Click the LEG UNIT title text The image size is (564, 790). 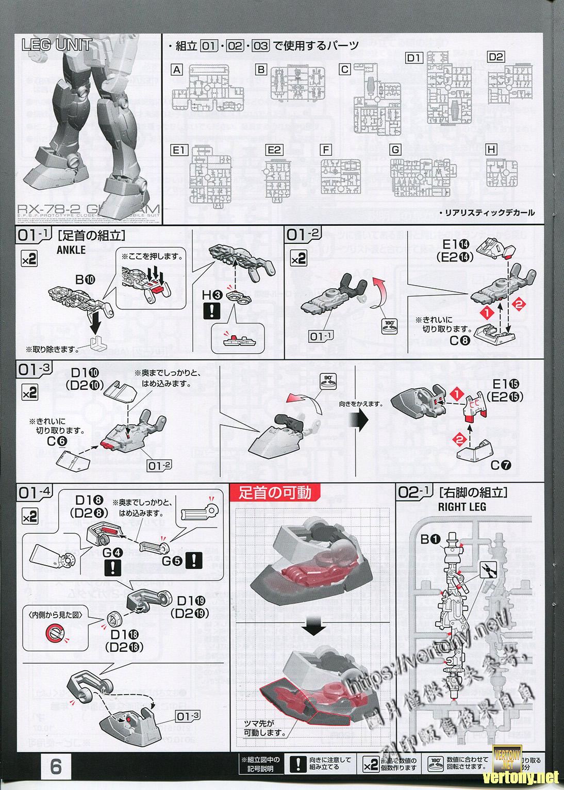(57, 45)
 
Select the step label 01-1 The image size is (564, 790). (35, 236)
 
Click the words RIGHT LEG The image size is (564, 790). (462, 506)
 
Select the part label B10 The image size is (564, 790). (85, 279)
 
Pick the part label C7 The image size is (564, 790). (501, 465)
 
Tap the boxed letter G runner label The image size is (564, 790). (395, 150)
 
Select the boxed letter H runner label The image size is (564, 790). (491, 150)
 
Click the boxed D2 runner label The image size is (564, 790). (495, 57)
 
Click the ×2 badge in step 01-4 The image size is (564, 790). (29, 516)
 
